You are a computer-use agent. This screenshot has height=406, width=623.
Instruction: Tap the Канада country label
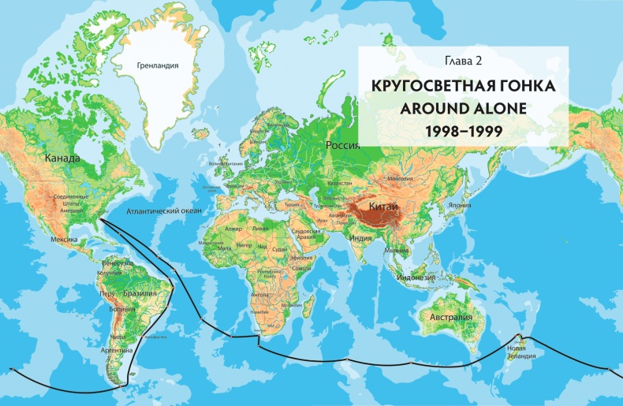pos(62,158)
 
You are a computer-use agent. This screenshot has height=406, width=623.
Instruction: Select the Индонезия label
pos(417,277)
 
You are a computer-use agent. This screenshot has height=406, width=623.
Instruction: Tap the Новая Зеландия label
pos(522,352)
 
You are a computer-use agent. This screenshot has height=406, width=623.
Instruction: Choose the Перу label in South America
pos(106,292)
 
